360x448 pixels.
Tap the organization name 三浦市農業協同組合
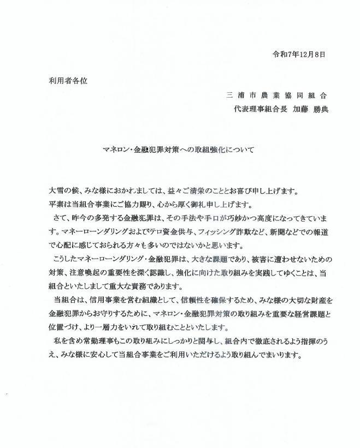pyautogui.click(x=278, y=94)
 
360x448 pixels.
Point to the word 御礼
pyautogui.click(x=211, y=205)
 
